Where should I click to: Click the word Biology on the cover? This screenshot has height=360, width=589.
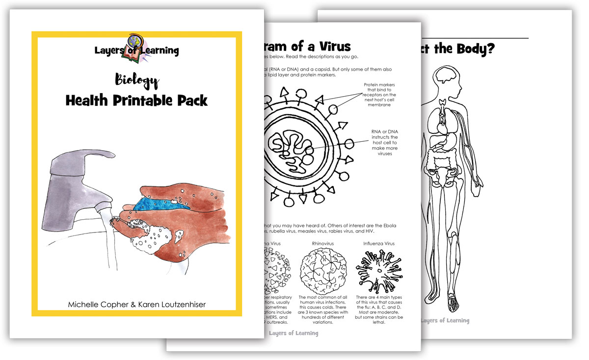point(137,80)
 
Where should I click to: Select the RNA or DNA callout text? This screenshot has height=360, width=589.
point(384,142)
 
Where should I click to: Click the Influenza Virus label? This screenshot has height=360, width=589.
point(379,243)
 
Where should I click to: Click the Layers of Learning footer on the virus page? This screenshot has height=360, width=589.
point(294,333)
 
